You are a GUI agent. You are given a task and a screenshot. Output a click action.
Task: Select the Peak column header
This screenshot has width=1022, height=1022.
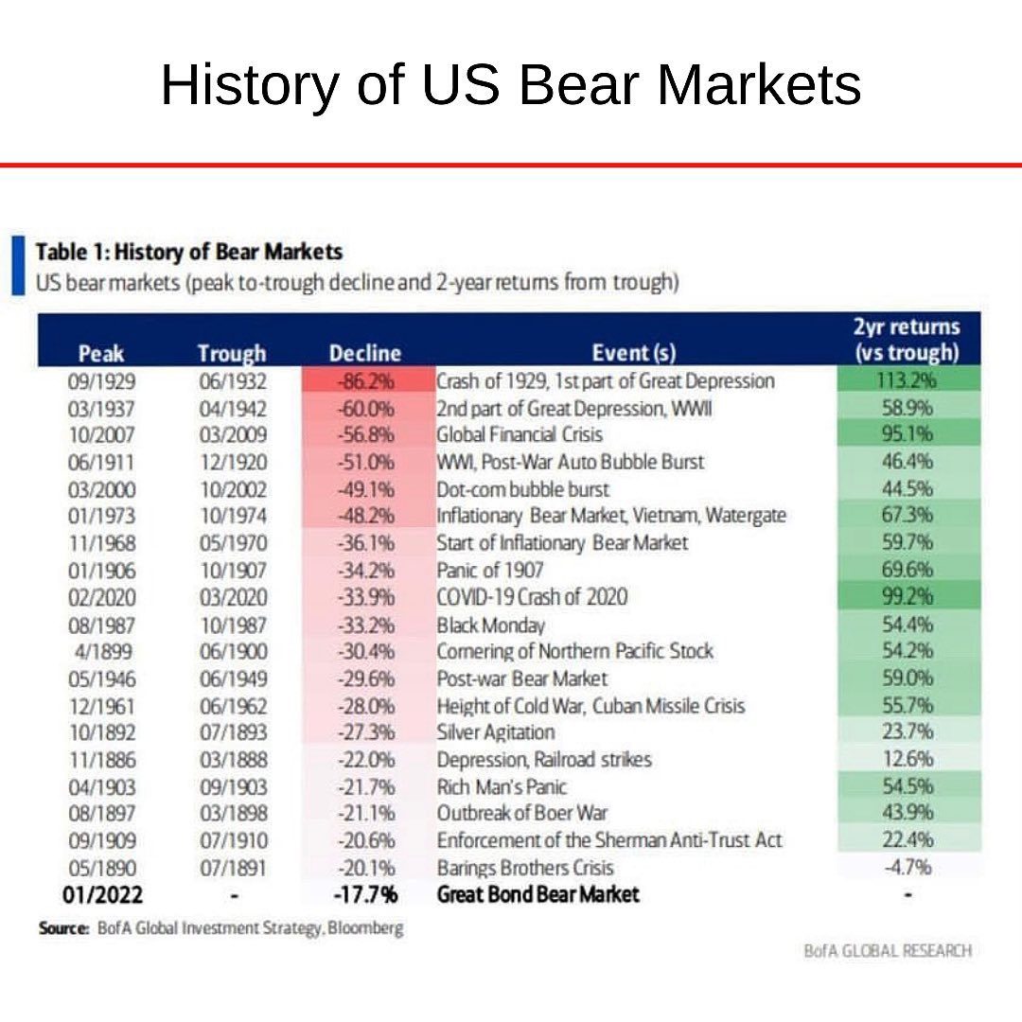101,354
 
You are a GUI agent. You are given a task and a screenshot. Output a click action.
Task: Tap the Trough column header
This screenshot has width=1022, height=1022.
232,354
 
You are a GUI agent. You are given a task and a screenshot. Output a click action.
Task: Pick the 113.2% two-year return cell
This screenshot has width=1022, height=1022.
907,380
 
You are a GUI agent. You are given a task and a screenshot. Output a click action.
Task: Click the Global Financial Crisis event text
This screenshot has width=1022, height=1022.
520,434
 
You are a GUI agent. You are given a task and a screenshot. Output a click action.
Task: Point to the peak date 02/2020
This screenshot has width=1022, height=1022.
101,597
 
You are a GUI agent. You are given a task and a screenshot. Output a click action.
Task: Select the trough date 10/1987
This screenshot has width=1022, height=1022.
232,625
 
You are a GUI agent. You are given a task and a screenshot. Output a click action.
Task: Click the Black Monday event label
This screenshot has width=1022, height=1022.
490,625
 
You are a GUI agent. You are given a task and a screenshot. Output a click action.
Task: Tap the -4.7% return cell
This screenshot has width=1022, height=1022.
907,867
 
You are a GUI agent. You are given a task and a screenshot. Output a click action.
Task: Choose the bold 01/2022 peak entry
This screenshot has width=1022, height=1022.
101,894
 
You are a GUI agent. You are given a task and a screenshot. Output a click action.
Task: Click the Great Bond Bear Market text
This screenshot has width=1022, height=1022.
538,894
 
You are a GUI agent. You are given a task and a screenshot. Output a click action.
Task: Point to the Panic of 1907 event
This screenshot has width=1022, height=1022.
489,570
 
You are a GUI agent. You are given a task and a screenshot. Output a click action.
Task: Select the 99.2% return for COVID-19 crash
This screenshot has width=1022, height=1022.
907,597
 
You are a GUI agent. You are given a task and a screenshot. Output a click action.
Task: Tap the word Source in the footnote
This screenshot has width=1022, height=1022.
63,929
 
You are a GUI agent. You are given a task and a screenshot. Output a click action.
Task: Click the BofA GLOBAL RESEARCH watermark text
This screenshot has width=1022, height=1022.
887,951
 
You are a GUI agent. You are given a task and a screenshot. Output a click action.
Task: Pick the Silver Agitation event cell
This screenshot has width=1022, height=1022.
495,732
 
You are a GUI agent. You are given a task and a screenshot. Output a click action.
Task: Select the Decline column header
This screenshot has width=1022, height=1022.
365,354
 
